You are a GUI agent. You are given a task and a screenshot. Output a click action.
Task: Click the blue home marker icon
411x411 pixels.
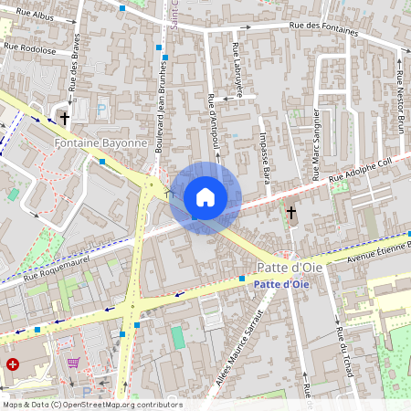click(205, 196)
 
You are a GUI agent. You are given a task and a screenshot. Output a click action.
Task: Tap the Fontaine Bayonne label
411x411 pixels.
click(100, 143)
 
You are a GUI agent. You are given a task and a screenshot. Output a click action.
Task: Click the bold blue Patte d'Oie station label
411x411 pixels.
click(279, 285)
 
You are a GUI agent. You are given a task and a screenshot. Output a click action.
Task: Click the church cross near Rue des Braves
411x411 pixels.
click(64, 118)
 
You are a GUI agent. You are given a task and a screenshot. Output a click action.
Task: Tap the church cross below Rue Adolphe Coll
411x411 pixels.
click(290, 213)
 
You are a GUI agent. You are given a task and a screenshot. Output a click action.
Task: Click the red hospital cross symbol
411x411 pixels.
click(12, 364)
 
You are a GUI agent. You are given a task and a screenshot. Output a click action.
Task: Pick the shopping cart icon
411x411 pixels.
click(72, 363)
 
